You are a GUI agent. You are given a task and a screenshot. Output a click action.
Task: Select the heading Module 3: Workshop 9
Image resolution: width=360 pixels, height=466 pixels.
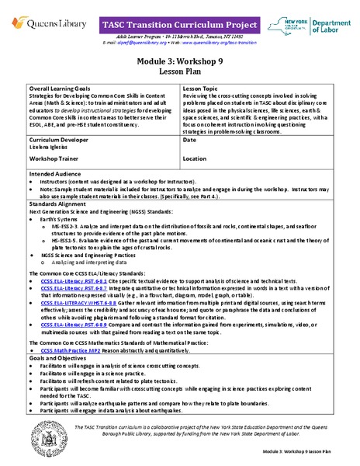[x=179, y=59]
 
